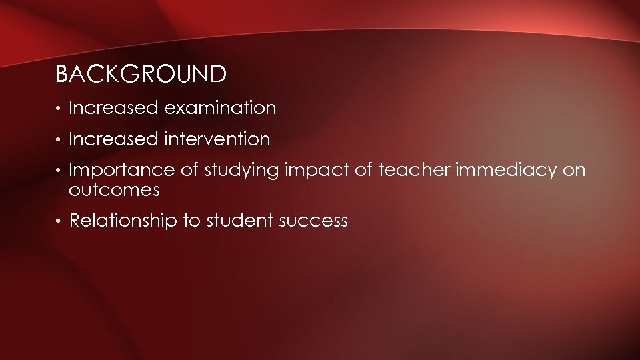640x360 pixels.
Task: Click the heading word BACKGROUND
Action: point(141,75)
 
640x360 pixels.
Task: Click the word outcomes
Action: point(114,190)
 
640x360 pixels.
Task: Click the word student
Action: point(235,221)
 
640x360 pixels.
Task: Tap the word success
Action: point(313,222)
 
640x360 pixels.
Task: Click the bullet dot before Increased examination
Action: point(59,109)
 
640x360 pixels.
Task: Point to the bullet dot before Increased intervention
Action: point(59,141)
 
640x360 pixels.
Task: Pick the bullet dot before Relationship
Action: point(59,222)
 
